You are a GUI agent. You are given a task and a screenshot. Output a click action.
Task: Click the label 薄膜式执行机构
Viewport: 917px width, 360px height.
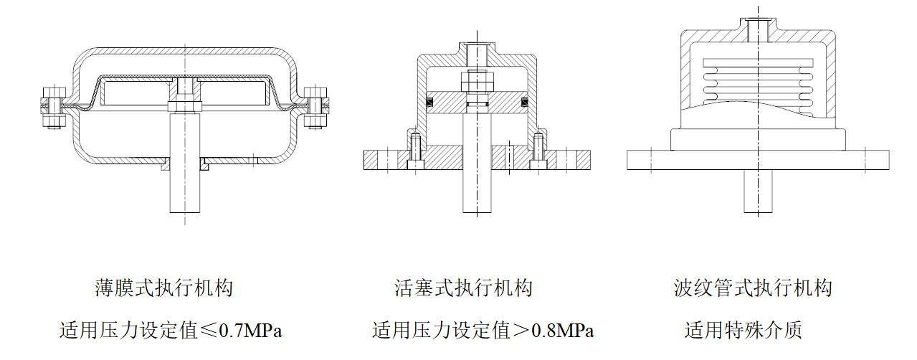(164, 289)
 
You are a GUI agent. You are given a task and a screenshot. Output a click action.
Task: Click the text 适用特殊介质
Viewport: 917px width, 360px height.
(743, 331)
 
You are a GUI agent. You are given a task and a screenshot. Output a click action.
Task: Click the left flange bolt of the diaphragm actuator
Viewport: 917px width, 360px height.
(48, 107)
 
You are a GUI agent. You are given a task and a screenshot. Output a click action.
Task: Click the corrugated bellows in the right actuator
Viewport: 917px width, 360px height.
(757, 79)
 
